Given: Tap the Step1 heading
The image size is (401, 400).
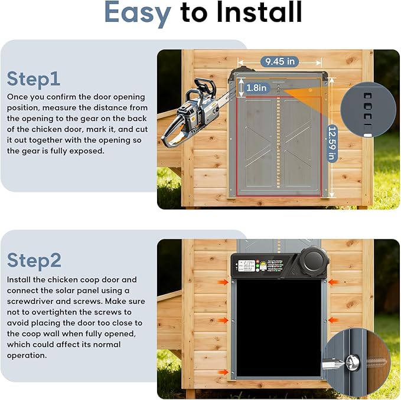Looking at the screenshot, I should tap(34, 78).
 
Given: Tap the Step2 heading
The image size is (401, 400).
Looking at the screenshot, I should tap(34, 260).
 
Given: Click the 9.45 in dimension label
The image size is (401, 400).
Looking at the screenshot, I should tap(281, 61).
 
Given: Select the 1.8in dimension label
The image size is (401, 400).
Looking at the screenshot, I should tap(256, 87).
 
